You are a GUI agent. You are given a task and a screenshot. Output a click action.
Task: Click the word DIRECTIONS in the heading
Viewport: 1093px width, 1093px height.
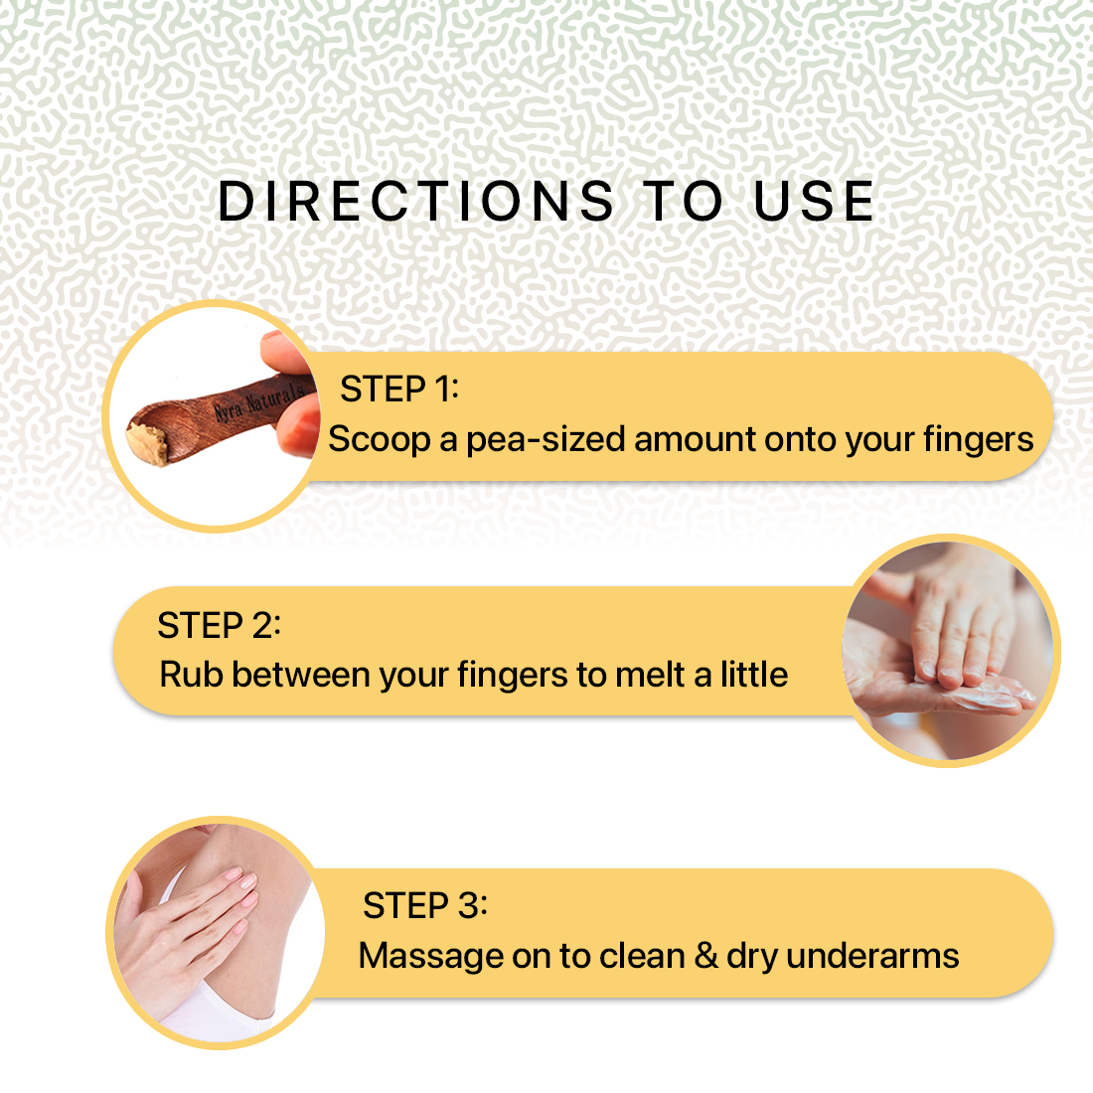click(x=415, y=202)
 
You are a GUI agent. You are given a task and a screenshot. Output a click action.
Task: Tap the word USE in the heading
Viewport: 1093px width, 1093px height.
click(x=814, y=202)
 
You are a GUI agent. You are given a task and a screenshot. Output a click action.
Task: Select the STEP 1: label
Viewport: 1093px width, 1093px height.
click(x=399, y=389)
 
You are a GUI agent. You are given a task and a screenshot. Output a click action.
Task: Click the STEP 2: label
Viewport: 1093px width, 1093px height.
click(x=219, y=625)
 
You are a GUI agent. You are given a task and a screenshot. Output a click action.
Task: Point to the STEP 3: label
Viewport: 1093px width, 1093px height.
click(x=425, y=905)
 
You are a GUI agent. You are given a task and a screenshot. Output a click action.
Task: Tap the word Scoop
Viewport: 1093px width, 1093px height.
click(x=380, y=440)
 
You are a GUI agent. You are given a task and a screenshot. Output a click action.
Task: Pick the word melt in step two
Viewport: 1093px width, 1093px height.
click(x=651, y=675)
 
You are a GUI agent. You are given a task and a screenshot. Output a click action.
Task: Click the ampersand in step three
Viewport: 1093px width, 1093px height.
click(x=706, y=955)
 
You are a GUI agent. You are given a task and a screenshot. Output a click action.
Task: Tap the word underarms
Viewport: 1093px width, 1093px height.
click(x=872, y=956)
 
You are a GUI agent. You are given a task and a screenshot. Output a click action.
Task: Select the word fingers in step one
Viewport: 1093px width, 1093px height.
click(x=978, y=440)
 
